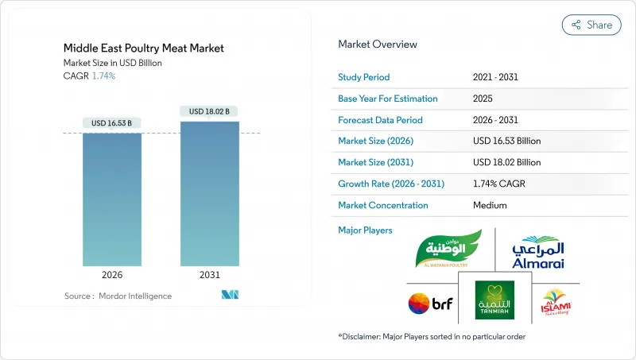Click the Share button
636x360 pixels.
coord(591,25)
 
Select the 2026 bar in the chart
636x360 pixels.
coord(112,199)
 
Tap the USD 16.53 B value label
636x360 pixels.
coord(112,122)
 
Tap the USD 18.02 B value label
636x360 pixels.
coord(210,111)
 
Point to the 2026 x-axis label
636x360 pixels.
coord(112,276)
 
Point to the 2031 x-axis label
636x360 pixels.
coord(210,276)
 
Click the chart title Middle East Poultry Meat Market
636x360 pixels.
coord(144,48)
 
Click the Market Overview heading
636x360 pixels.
coord(378,44)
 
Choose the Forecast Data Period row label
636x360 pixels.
coord(380,120)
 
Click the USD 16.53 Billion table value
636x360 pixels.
coord(506,141)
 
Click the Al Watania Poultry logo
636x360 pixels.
coord(448,249)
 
